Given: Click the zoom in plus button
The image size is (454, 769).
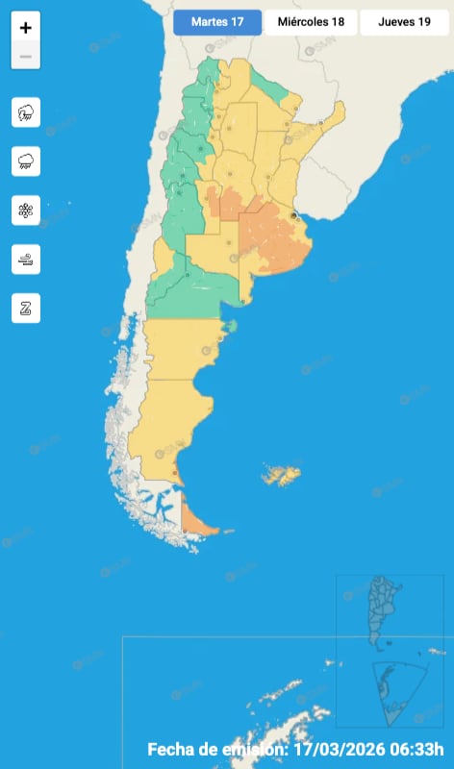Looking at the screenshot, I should coord(26,29).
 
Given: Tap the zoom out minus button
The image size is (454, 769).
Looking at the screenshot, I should coord(26,57).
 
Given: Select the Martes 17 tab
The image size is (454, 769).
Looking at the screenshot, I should coord(216,22).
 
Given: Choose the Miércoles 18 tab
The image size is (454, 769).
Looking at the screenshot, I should coord(310,22).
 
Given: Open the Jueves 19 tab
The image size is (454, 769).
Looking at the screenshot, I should coord(404,22).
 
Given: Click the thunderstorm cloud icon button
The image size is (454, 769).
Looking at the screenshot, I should coord(26,112).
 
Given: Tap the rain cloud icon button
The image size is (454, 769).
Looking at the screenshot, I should coord(26,161).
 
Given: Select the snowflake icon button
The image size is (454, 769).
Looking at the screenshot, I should coord(26,211).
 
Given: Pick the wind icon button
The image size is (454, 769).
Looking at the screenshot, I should coord(26,259).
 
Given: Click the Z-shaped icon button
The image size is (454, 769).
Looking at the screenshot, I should coord(26,308).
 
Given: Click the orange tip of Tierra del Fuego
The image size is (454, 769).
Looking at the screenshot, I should coord(198,525).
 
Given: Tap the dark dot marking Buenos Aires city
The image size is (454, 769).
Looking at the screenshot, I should coord(293,215).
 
